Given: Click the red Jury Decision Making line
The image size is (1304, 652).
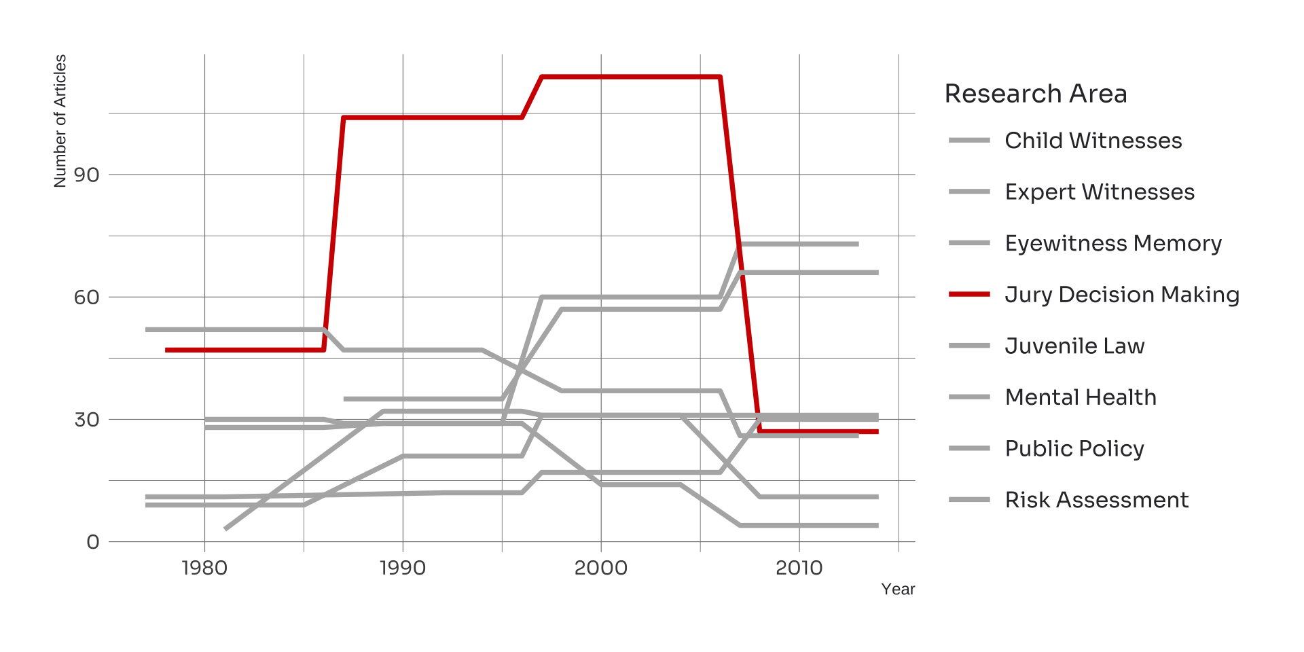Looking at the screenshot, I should [x=632, y=77].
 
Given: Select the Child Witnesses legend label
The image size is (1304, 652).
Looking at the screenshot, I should [x=1093, y=141].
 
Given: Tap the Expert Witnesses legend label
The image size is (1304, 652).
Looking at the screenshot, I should [x=1099, y=192].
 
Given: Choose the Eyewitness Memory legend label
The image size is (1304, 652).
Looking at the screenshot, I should [x=1112, y=243].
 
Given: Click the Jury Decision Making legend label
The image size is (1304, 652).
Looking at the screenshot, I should [x=1121, y=295].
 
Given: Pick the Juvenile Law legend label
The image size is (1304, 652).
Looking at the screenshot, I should [x=1074, y=346].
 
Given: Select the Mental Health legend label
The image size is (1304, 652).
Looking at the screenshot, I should [x=1080, y=397].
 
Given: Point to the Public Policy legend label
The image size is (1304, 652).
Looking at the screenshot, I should [x=1074, y=449].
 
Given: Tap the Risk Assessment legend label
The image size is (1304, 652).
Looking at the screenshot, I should [x=1096, y=500].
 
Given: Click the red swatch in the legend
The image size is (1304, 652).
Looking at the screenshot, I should [x=969, y=295].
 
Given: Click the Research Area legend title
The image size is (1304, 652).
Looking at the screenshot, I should [x=1035, y=94].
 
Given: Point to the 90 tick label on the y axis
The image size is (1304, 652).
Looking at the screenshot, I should [x=87, y=175].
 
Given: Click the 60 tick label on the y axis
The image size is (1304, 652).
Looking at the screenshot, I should [x=87, y=297].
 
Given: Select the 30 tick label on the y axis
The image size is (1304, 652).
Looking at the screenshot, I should [x=87, y=420].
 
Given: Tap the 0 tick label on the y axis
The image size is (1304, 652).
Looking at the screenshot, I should [x=93, y=542].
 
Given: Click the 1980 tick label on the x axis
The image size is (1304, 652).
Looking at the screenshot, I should [x=204, y=568].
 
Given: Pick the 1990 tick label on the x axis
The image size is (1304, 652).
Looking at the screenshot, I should [x=403, y=568].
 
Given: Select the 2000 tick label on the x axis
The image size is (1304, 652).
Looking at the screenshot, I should [x=601, y=568].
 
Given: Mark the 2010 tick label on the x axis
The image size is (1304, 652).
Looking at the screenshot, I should [x=799, y=568].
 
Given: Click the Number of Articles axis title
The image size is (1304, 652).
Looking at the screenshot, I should [x=60, y=121].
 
